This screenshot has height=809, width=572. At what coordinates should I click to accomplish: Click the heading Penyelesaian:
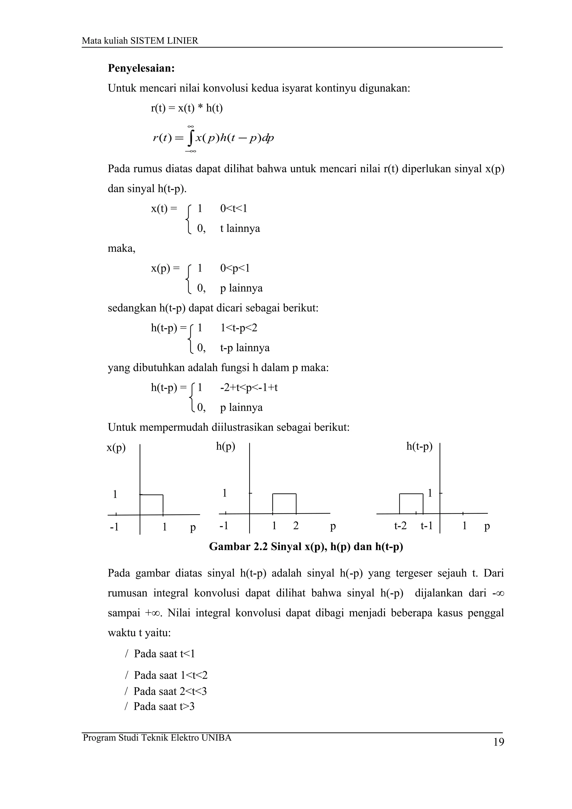point(141,68)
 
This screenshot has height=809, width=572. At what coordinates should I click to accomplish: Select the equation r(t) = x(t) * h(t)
point(187,108)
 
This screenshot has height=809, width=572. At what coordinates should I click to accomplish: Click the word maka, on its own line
point(121,248)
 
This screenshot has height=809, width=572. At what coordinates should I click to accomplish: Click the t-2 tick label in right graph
point(400,526)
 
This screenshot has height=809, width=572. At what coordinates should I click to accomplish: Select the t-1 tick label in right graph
point(426,526)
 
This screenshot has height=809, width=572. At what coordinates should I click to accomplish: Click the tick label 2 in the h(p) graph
point(296,526)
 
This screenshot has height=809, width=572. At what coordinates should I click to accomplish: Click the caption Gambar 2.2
point(306,547)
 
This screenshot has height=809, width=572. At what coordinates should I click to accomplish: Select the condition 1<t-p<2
point(239,328)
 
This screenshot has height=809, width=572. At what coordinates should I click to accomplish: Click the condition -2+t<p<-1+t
point(249,387)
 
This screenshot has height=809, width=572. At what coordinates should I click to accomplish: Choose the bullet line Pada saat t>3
point(164,707)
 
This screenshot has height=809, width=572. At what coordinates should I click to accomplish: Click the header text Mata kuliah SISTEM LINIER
point(140,41)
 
